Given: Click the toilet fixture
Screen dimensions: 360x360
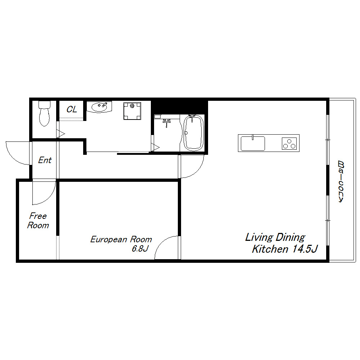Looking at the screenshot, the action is coord(44,113).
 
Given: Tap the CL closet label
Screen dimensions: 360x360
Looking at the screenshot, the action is coord(72,109).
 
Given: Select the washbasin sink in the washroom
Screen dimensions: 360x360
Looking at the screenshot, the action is coord(99,107).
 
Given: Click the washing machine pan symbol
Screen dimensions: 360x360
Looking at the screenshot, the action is coord(132,111).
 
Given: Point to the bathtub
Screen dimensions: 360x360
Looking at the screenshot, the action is coord(194,133).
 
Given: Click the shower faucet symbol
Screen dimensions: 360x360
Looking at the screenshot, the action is coord(167,123).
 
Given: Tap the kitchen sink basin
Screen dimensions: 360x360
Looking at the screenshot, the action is coord(253,143).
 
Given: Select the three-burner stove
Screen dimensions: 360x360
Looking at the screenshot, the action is coord(289,144).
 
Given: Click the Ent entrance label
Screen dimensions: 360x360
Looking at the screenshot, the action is coord(45,160).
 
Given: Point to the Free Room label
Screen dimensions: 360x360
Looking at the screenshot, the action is coord(38,221).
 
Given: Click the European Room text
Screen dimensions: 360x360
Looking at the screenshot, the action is coord(121,239).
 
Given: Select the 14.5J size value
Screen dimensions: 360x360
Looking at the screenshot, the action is coord(305,249).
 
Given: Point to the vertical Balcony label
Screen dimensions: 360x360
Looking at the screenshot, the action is coord(341,182).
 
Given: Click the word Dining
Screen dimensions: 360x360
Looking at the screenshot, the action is coord(291,237).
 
